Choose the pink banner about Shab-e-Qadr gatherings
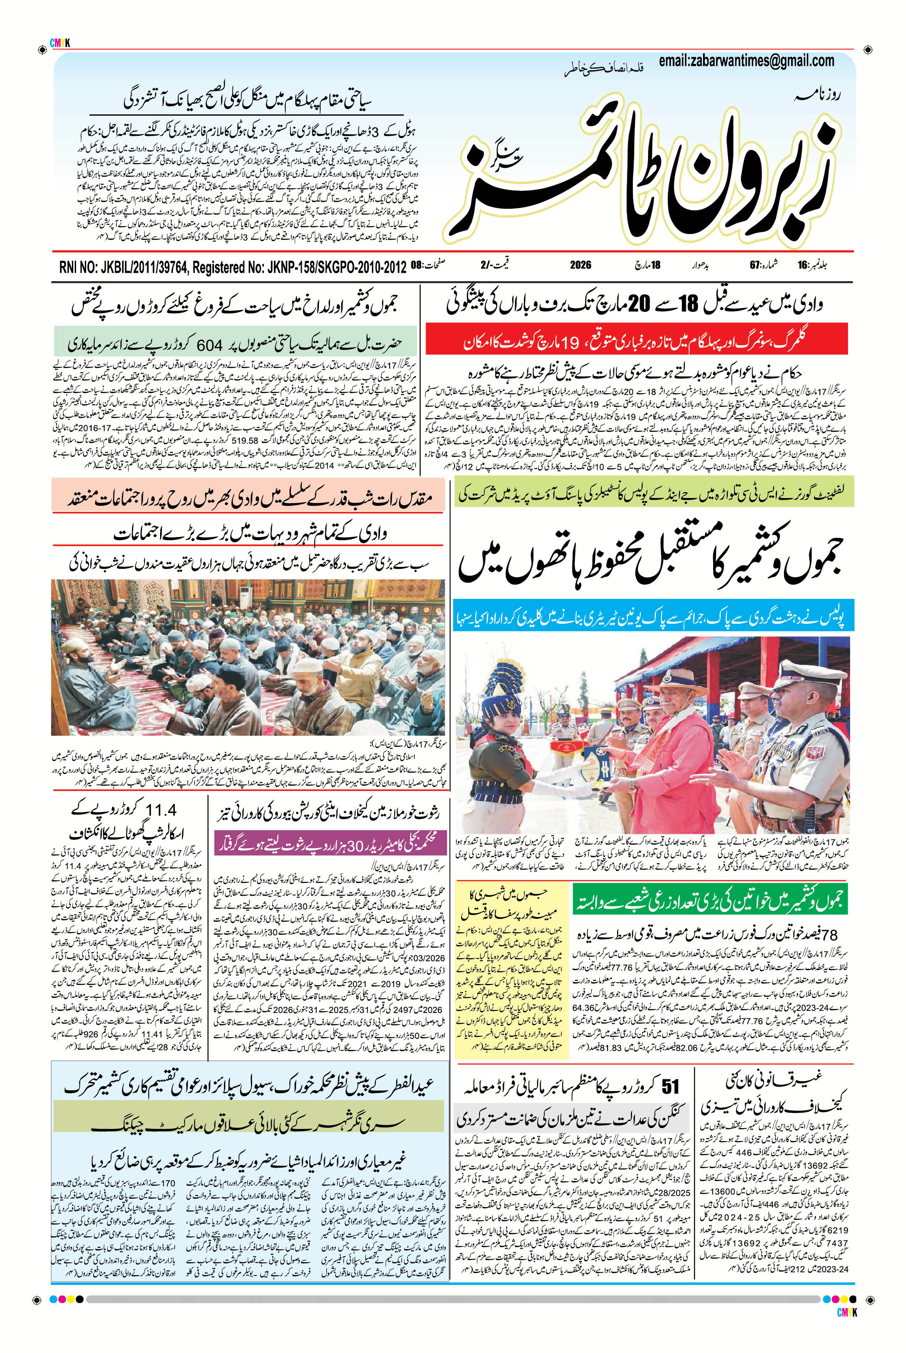248,498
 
